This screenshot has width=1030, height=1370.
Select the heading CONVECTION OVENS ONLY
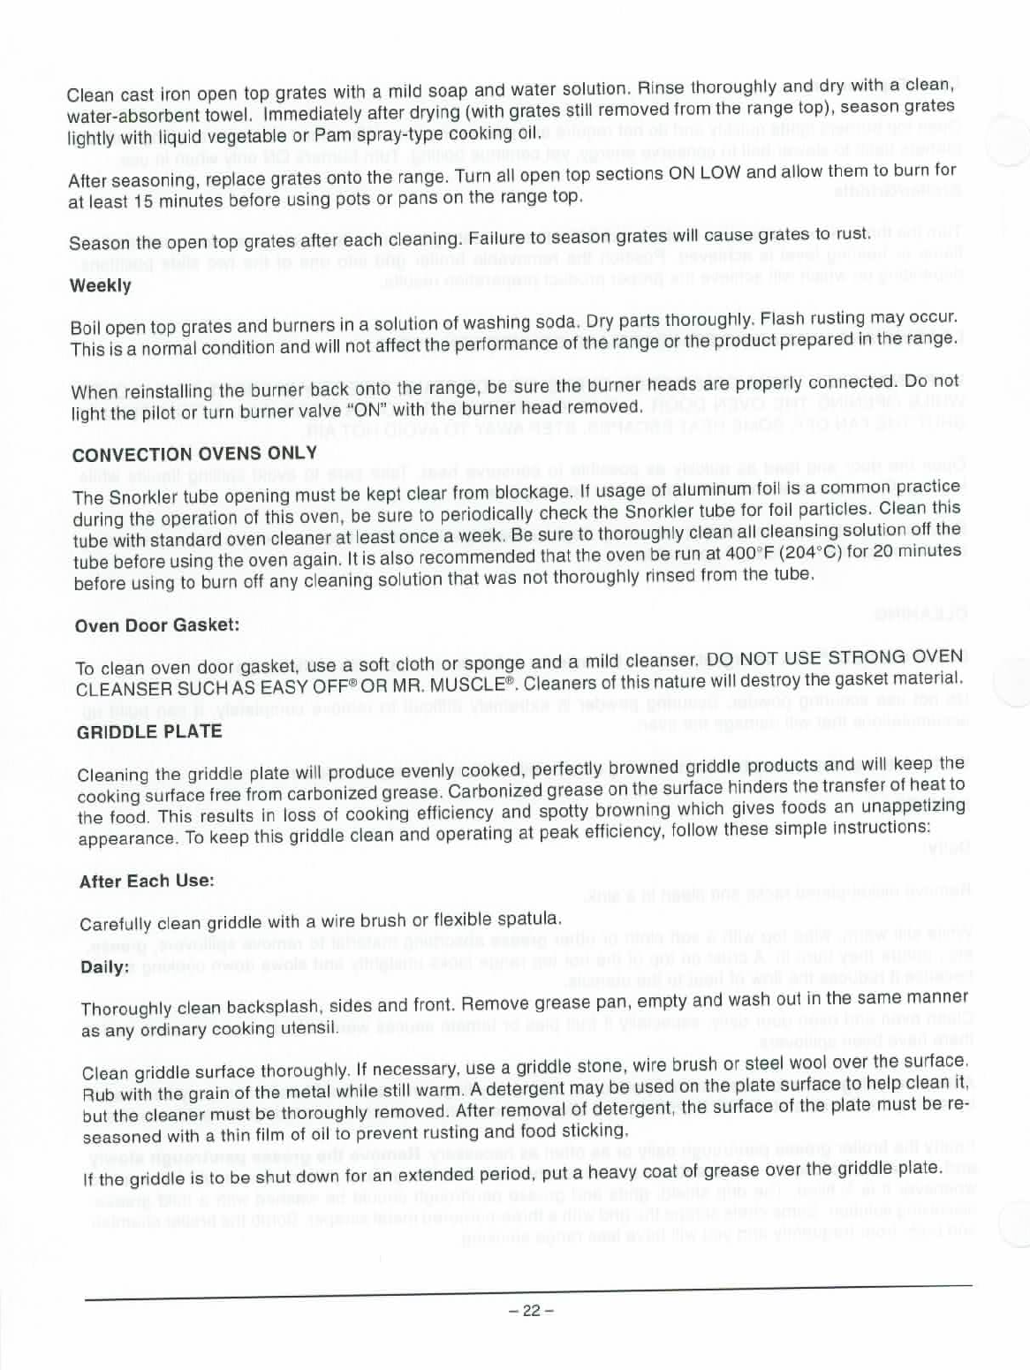[194, 454]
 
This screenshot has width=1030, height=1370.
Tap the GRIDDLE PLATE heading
[149, 731]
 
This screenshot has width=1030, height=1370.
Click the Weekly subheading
[100, 285]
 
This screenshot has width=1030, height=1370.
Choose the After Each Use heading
[147, 881]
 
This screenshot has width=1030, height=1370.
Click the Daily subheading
[104, 966]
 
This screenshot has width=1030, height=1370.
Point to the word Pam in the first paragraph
[330, 135]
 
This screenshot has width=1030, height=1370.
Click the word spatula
[531, 919]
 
